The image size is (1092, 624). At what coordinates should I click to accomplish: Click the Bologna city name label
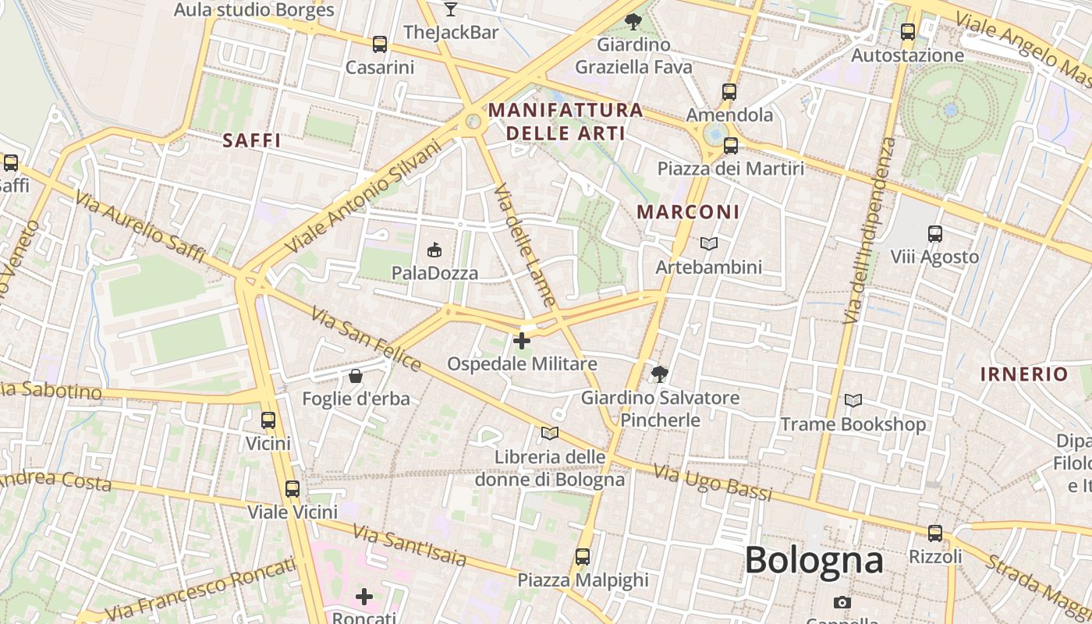pyautogui.click(x=814, y=560)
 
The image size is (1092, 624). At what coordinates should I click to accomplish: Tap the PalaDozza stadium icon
pyautogui.click(x=434, y=250)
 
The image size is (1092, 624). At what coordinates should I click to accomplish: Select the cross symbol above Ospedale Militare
pyautogui.click(x=522, y=341)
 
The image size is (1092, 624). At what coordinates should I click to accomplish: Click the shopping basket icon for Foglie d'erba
pyautogui.click(x=356, y=376)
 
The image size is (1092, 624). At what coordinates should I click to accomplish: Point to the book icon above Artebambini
pyautogui.click(x=708, y=244)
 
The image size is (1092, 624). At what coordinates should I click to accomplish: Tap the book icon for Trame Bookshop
pyautogui.click(x=853, y=401)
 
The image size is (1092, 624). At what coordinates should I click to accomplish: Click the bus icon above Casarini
pyautogui.click(x=380, y=44)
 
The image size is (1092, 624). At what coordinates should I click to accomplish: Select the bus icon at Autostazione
pyautogui.click(x=907, y=32)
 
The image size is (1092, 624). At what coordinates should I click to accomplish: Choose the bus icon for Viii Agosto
pyautogui.click(x=934, y=233)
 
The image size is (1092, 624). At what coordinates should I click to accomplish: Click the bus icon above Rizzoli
pyautogui.click(x=934, y=534)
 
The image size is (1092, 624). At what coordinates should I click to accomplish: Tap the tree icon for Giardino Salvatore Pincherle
pyautogui.click(x=660, y=374)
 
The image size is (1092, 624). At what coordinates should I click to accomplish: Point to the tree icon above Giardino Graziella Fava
pyautogui.click(x=633, y=21)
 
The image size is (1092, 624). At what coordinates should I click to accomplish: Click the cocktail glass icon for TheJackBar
pyautogui.click(x=451, y=9)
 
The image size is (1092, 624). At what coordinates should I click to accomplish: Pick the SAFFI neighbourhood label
pyautogui.click(x=251, y=140)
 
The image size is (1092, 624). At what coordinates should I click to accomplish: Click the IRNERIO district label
pyautogui.click(x=1023, y=374)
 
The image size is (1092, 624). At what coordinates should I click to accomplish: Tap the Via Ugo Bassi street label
pyautogui.click(x=713, y=482)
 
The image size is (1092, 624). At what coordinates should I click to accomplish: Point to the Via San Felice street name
pyautogui.click(x=366, y=339)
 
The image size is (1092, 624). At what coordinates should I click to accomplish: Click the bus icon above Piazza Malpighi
pyautogui.click(x=583, y=557)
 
